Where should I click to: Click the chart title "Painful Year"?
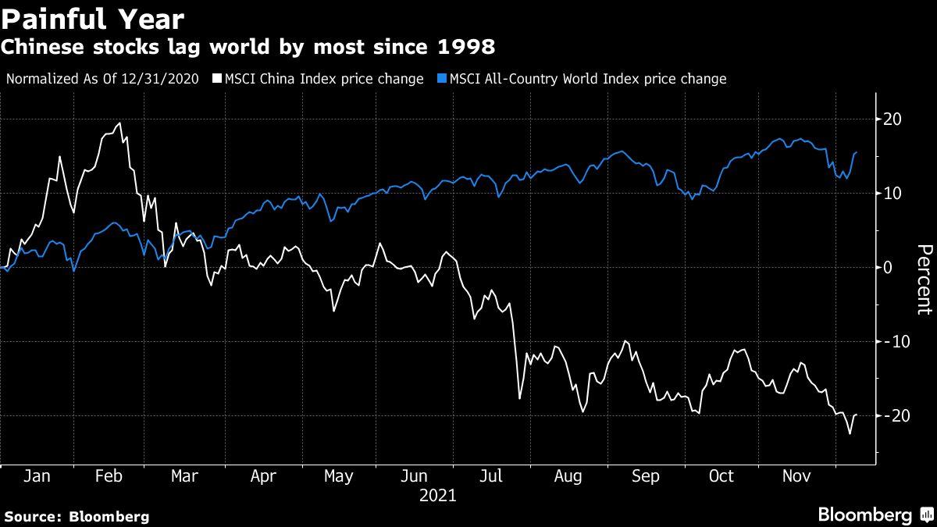coord(94,19)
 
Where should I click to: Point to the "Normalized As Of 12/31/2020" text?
coord(102,79)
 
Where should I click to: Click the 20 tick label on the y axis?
coord(892,119)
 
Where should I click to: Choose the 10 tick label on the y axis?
coord(892,193)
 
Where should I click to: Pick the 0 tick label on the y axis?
coord(888,267)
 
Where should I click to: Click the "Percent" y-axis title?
coord(924,280)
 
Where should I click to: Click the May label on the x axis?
coord(338,476)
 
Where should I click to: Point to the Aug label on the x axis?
coord(568,476)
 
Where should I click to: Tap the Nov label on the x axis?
coord(797,476)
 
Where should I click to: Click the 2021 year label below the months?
coord(438,495)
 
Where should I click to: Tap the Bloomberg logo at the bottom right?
coord(875,515)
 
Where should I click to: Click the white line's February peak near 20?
coord(119,123)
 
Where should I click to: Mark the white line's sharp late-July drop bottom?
coord(519,399)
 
